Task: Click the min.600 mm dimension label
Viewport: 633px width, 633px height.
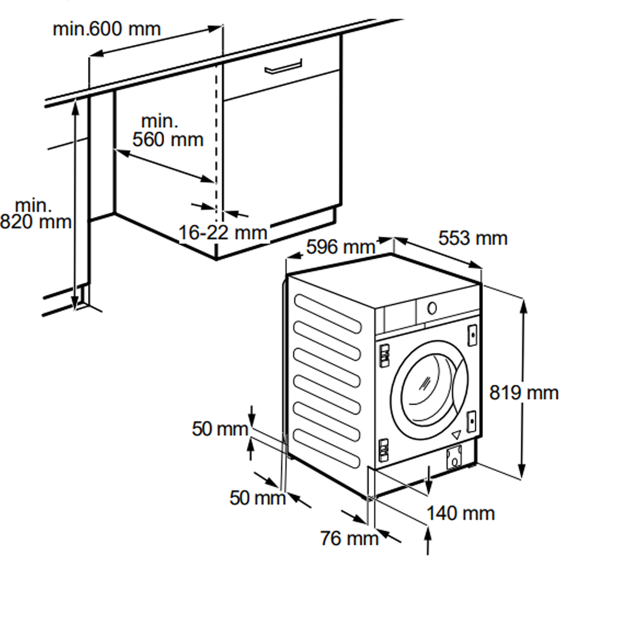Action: pyautogui.click(x=106, y=29)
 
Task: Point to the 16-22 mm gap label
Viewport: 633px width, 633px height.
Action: pyautogui.click(x=223, y=232)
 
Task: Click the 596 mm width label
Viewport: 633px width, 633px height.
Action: pyautogui.click(x=341, y=247)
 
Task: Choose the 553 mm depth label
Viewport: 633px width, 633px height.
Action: pyautogui.click(x=473, y=238)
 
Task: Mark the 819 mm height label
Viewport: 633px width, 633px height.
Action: pyautogui.click(x=524, y=392)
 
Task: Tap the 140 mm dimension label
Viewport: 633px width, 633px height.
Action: pyautogui.click(x=461, y=513)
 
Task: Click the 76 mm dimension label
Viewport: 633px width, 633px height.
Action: pyautogui.click(x=349, y=538)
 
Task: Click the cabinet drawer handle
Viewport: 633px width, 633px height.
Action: pyautogui.click(x=284, y=66)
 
